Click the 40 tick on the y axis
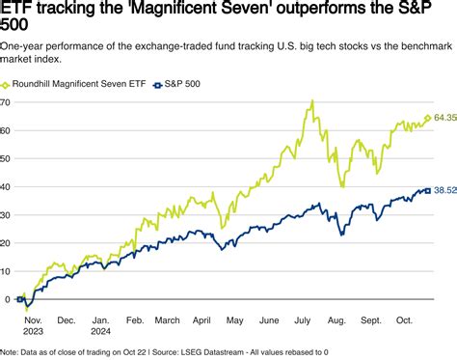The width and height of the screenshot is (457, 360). click(7, 186)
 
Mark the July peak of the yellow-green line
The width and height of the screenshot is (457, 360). click(313, 100)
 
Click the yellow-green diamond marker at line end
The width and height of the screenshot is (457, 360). click(427, 119)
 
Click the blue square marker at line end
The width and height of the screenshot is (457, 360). click(427, 191)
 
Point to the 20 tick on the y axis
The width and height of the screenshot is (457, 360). click(7, 242)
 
